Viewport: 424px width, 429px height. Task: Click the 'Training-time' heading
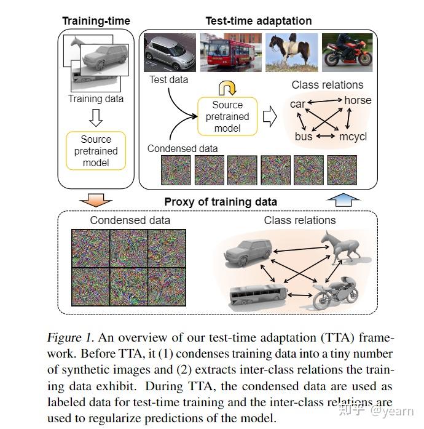[96, 21]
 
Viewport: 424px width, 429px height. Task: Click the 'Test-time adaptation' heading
[258, 21]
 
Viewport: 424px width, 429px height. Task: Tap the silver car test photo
[168, 54]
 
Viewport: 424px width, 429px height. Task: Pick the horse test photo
[289, 54]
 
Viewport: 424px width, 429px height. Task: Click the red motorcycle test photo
[347, 54]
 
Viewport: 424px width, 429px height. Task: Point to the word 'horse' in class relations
[357, 100]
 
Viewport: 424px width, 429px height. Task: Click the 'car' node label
[297, 104]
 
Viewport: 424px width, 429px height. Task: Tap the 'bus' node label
[304, 137]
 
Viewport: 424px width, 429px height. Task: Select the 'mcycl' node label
[353, 137]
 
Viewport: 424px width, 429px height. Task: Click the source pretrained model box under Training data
[96, 151]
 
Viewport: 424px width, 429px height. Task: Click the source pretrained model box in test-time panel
[227, 116]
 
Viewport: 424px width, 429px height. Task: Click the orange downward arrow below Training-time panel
[96, 198]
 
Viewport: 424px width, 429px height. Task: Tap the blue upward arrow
[342, 198]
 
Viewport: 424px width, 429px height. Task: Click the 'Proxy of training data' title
[221, 201]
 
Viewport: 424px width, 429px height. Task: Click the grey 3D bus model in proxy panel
[254, 297]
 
